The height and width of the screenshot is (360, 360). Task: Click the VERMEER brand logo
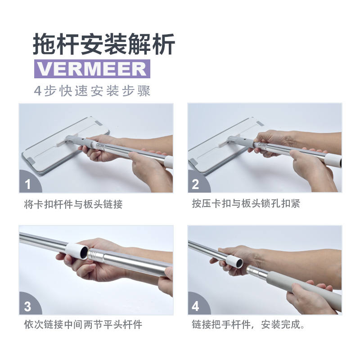92,69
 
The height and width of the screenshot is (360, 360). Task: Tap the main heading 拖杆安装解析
104,44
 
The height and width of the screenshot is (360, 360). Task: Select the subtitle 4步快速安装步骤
92,91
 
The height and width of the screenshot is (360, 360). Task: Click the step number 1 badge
30,182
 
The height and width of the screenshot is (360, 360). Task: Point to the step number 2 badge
198,182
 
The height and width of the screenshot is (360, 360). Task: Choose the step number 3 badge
30,304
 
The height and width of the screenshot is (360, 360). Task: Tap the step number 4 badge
198,304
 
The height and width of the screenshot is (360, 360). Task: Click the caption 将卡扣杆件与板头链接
73,204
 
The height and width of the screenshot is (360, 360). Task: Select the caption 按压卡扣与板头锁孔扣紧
246,203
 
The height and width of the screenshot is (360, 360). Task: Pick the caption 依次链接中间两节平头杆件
83,324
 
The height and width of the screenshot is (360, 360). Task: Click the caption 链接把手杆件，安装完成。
248,324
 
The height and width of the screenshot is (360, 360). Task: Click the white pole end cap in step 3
77,251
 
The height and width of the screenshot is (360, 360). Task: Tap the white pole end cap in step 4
234,261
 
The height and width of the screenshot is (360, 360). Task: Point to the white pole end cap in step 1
168,162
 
